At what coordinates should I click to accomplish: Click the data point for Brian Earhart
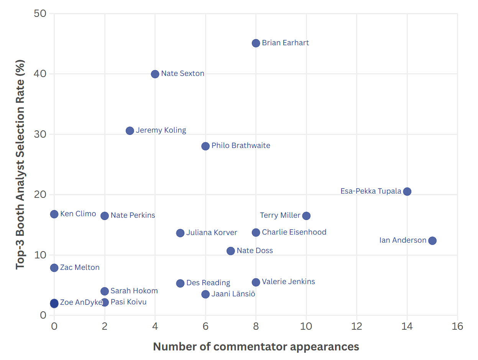click(x=256, y=43)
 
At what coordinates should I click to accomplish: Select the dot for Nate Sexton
click(x=155, y=74)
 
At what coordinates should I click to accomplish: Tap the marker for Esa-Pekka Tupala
click(x=407, y=191)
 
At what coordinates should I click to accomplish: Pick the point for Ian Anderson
click(x=432, y=241)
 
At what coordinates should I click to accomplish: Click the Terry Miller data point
click(x=306, y=216)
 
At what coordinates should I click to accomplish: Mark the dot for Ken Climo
click(x=54, y=214)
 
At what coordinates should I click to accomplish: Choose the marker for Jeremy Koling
click(x=130, y=131)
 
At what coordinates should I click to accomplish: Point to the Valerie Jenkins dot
click(x=256, y=282)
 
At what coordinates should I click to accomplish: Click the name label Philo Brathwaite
click(x=241, y=146)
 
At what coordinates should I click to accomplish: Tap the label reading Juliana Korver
click(x=212, y=233)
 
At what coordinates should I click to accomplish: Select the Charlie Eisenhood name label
click(x=294, y=232)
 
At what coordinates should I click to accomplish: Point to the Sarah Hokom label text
click(x=134, y=291)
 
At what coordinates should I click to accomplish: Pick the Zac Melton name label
click(x=80, y=268)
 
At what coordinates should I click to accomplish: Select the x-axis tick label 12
click(x=356, y=326)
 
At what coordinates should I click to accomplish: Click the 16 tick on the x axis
click(x=457, y=326)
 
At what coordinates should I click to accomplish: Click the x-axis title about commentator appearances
click(x=256, y=347)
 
